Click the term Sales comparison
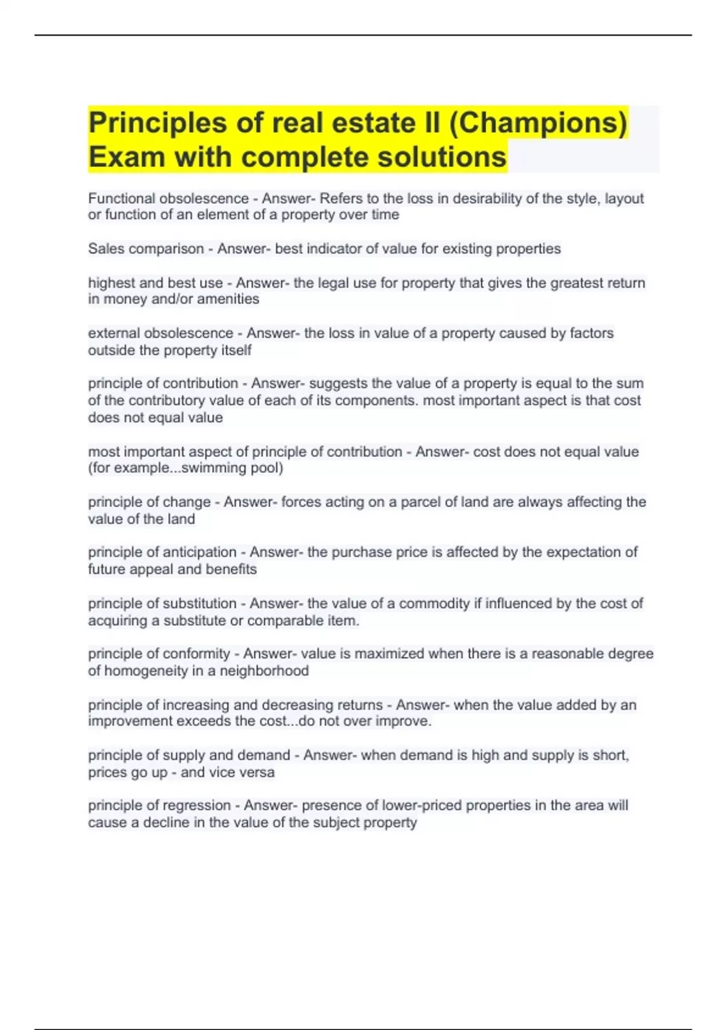[x=145, y=249]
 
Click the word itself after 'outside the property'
[x=236, y=350]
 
